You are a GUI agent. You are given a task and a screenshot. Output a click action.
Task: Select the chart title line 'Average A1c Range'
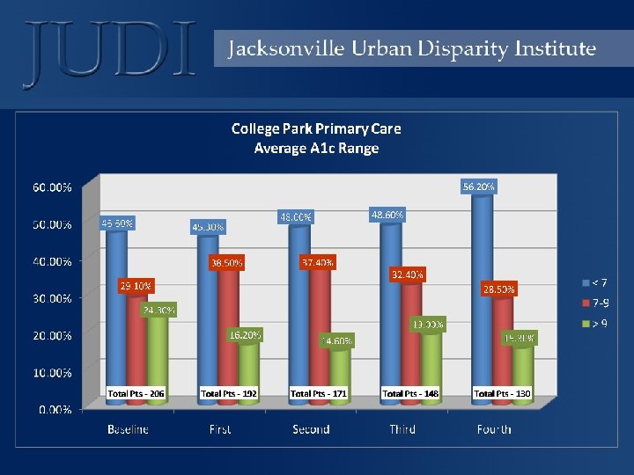click(316, 148)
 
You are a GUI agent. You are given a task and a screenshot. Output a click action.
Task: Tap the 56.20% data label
click(478, 186)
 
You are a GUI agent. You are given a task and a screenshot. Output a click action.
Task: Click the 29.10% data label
click(136, 286)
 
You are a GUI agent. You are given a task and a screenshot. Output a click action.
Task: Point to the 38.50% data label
click(226, 262)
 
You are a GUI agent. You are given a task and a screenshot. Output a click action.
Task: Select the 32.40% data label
click(407, 274)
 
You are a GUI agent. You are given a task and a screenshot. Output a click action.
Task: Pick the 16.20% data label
click(245, 335)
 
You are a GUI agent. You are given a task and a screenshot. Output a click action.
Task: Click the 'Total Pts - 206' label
click(136, 392)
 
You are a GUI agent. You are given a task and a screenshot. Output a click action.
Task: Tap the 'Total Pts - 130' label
click(502, 392)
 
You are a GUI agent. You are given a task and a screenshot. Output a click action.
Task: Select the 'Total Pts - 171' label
click(319, 392)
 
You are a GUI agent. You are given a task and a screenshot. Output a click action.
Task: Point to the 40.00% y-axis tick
click(53, 261)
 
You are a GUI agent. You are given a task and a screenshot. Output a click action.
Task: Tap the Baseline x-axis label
click(129, 429)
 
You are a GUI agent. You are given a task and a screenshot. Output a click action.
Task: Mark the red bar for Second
click(321, 334)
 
